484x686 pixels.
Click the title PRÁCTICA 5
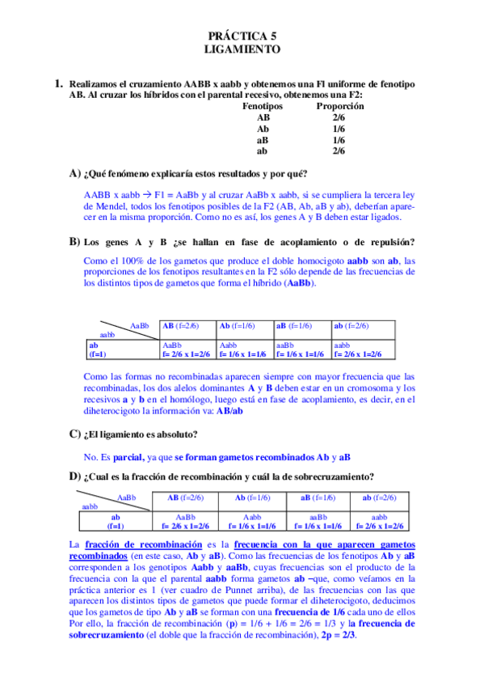click(x=242, y=36)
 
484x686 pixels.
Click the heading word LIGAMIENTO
click(x=242, y=49)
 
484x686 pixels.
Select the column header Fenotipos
click(x=263, y=106)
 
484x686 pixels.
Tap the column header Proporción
click(x=338, y=106)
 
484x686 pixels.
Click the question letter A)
click(x=75, y=173)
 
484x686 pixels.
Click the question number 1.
click(x=58, y=83)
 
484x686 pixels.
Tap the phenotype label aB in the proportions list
click(x=263, y=139)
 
